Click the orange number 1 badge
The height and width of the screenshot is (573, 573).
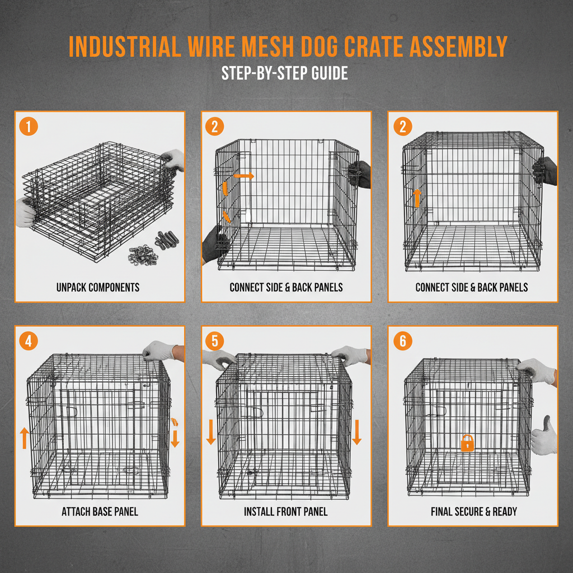(28, 126)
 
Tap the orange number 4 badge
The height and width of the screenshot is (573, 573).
(28, 340)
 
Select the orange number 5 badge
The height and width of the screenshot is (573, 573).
(214, 340)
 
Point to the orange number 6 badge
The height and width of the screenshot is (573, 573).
(402, 340)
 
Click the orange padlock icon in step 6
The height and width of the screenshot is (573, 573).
(467, 443)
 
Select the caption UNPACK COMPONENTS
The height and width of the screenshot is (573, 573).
(98, 288)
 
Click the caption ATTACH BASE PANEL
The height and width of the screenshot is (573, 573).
(100, 511)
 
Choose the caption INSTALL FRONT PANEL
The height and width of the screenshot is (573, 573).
(286, 511)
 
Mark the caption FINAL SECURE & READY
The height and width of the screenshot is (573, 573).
(473, 511)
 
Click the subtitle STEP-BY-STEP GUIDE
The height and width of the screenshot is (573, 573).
(285, 73)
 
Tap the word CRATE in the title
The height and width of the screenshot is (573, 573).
(372, 47)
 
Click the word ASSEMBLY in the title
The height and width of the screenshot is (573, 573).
(459, 47)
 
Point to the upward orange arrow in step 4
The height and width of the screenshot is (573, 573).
(24, 438)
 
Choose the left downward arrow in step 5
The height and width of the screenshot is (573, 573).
(211, 433)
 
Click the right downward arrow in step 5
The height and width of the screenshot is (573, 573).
(357, 433)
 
